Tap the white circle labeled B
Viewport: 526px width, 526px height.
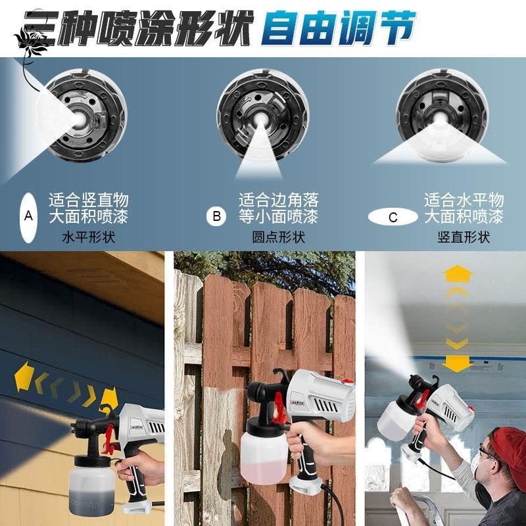(x=216, y=216)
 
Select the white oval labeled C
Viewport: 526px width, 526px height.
(x=393, y=217)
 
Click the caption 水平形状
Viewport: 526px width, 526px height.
(x=89, y=237)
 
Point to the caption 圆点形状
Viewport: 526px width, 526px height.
(x=278, y=237)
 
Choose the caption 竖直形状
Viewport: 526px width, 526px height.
(x=464, y=237)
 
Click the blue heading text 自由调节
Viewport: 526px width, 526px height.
(x=338, y=28)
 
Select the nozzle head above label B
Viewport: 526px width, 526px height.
(x=262, y=114)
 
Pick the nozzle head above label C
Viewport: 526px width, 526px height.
(x=442, y=113)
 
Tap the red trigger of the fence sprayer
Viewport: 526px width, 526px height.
(x=279, y=408)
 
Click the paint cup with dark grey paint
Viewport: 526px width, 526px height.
(x=90, y=483)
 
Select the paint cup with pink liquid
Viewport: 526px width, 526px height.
(x=264, y=456)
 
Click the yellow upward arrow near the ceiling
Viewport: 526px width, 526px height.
(x=457, y=274)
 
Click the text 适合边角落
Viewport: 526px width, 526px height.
(x=278, y=200)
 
